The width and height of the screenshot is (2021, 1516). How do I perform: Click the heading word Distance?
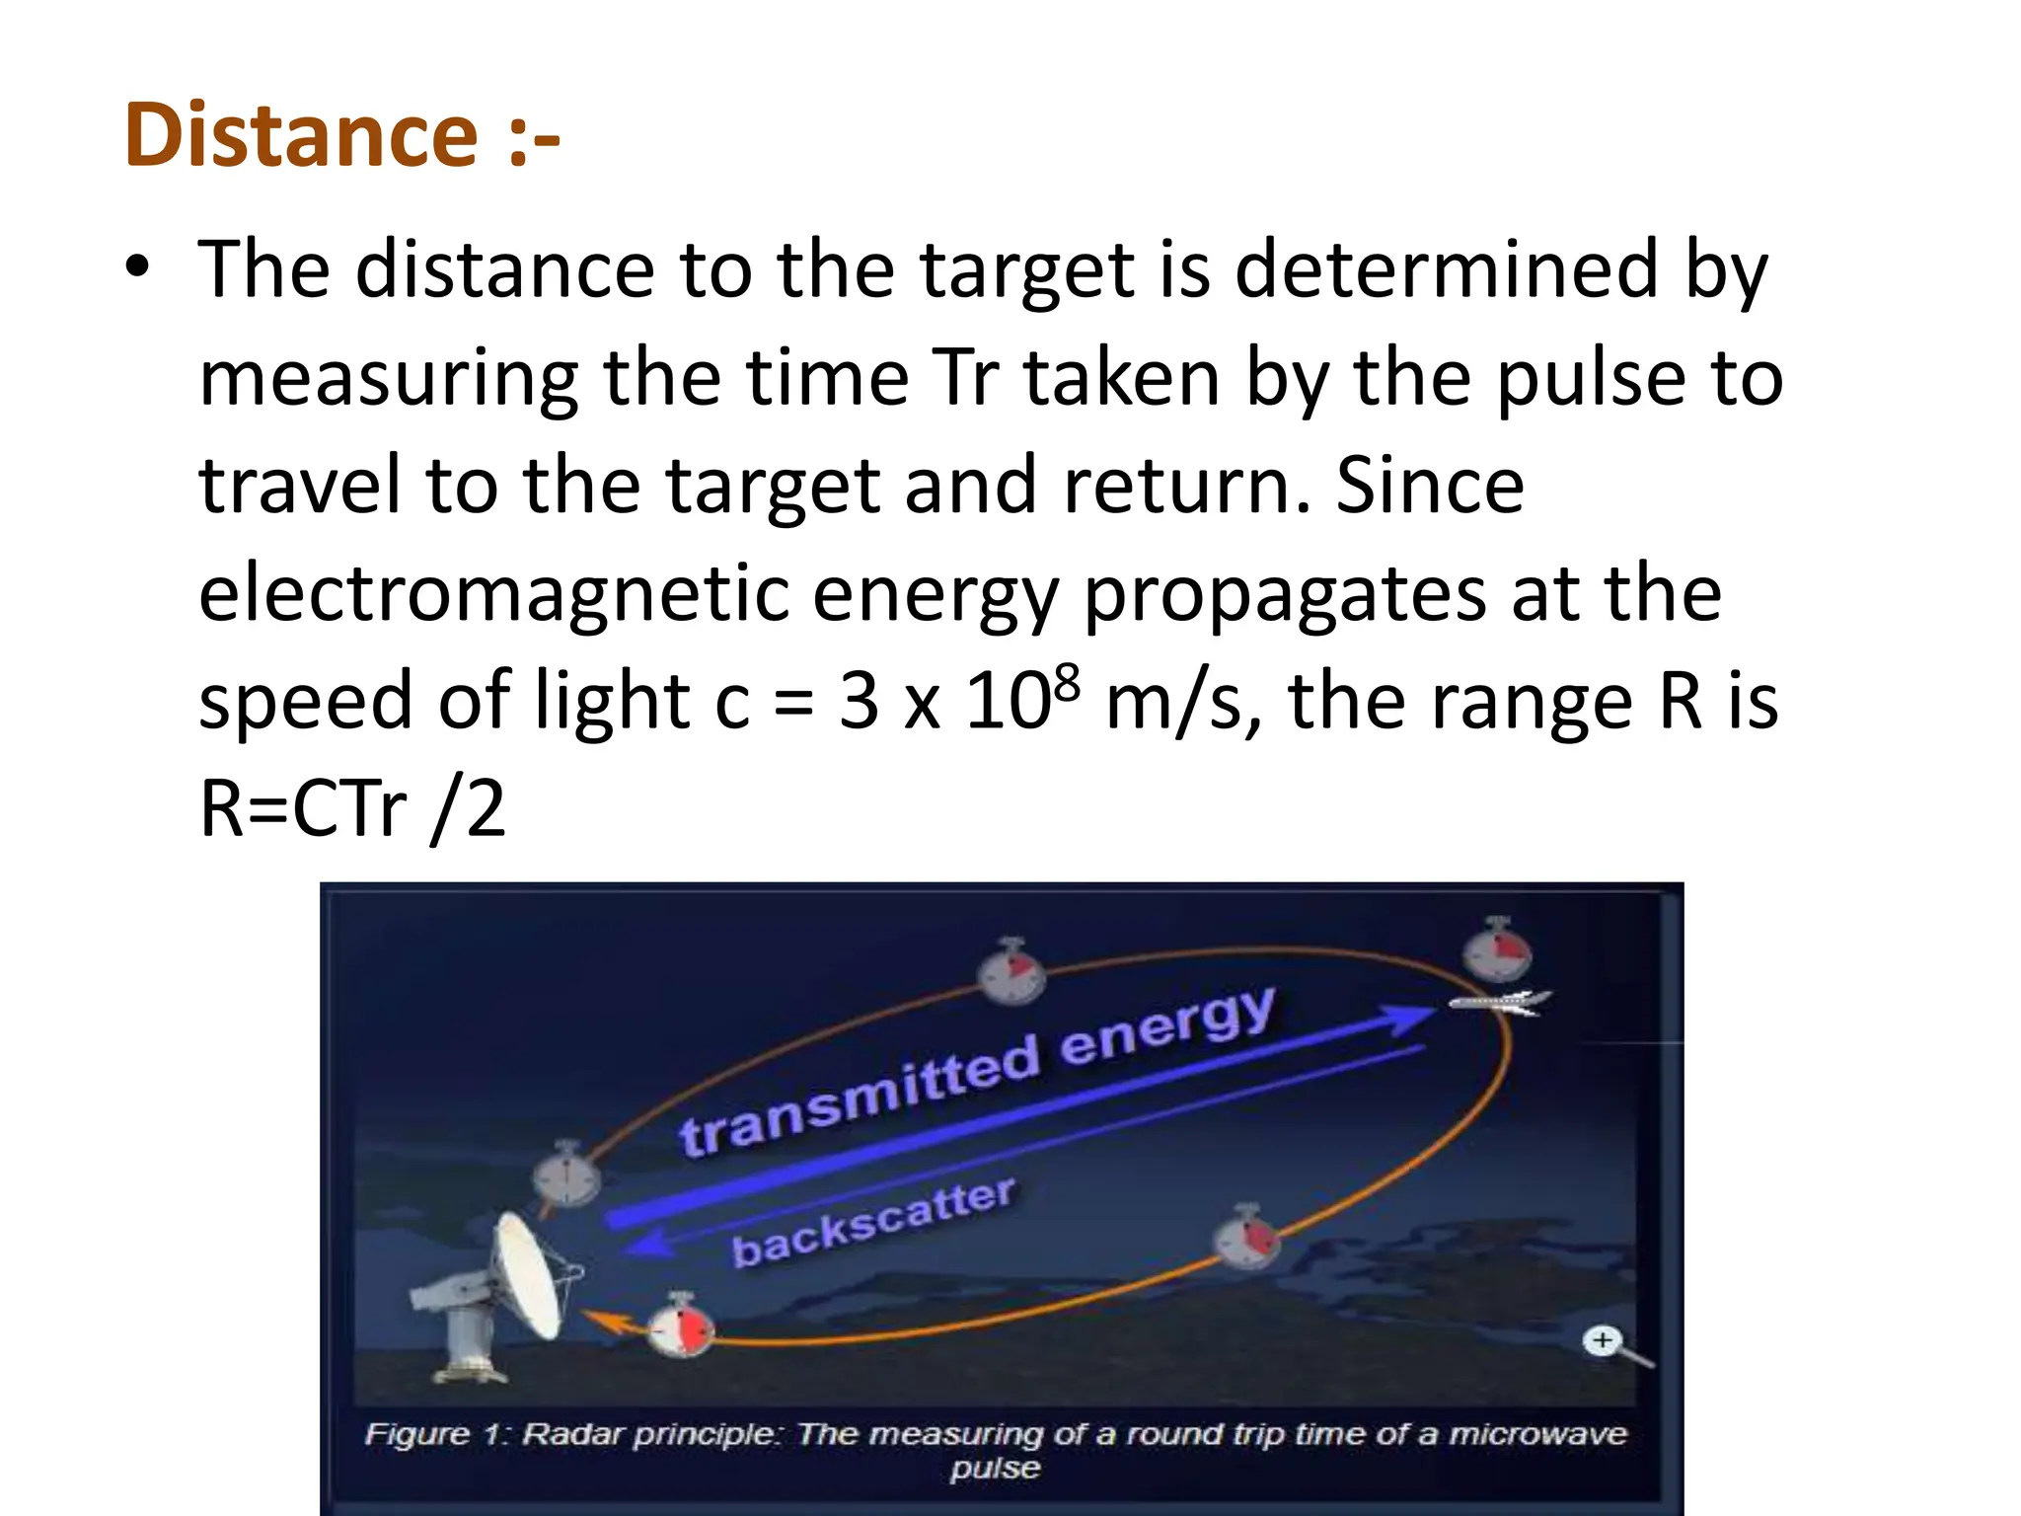[x=301, y=135]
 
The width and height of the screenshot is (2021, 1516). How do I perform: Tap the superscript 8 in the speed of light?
[x=1067, y=682]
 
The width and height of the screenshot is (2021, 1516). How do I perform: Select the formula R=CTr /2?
[x=352, y=808]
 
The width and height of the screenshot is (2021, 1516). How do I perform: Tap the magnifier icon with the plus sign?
[x=1603, y=1340]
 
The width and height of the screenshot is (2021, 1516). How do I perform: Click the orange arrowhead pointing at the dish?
[x=604, y=1320]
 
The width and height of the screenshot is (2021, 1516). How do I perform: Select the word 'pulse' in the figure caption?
[x=995, y=1468]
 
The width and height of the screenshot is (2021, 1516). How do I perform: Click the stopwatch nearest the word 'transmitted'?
[x=567, y=1175]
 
